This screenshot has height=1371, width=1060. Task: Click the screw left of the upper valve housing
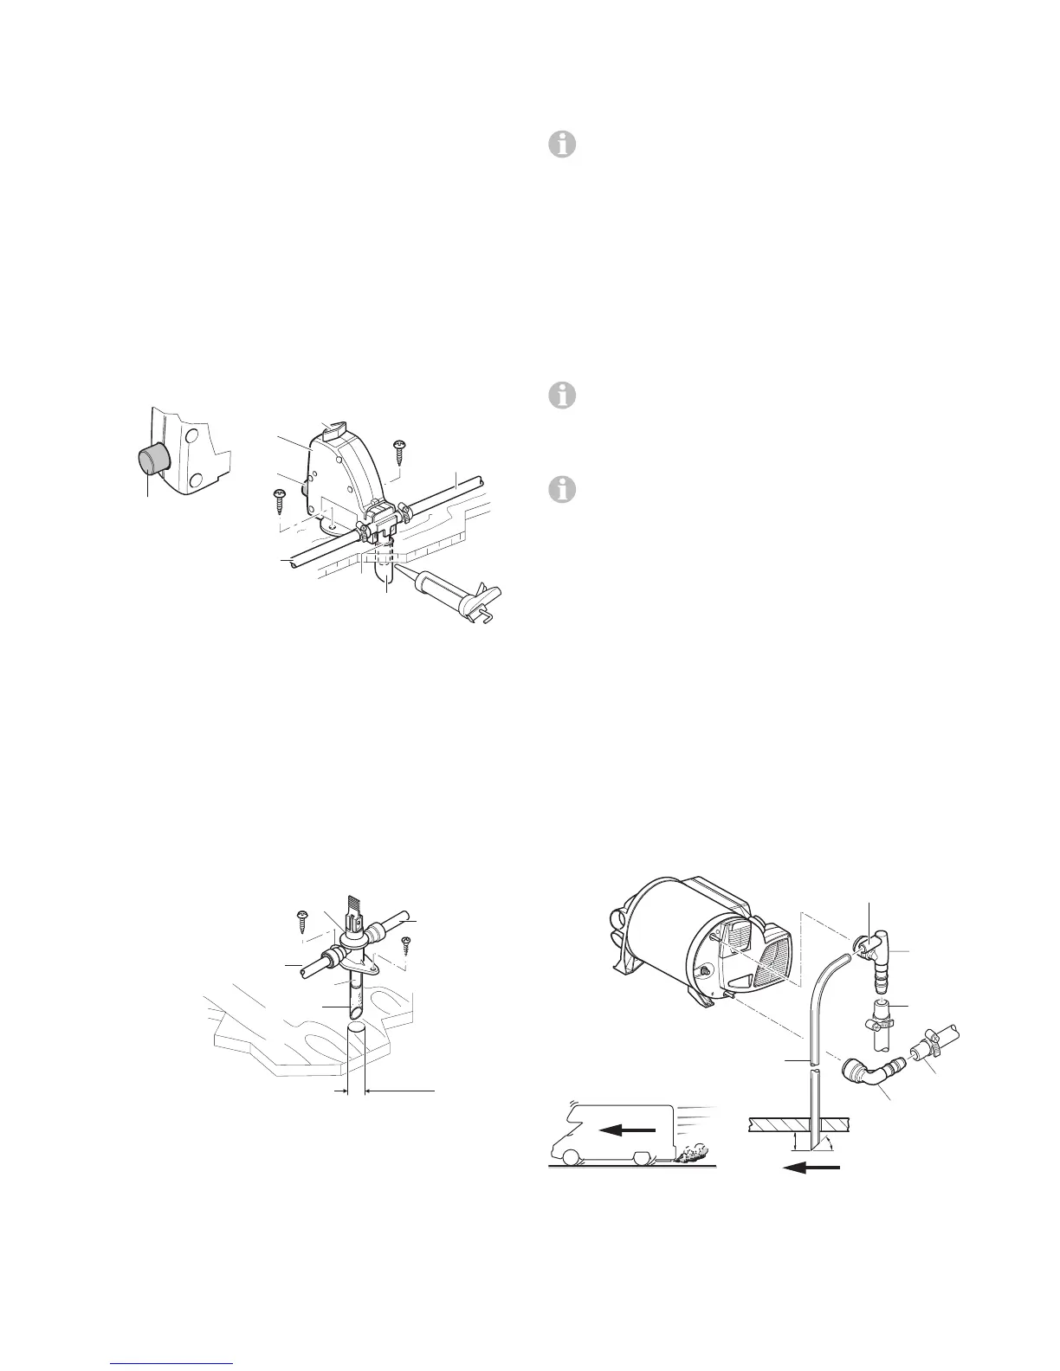pyautogui.click(x=280, y=498)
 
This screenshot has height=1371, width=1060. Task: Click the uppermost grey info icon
pyautogui.click(x=563, y=145)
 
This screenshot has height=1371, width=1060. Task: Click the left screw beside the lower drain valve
pyautogui.click(x=305, y=919)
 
